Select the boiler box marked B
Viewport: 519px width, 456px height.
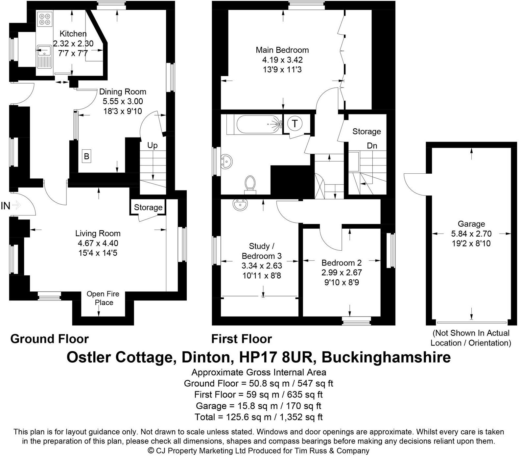coord(86,156)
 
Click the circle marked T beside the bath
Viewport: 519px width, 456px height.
coord(295,124)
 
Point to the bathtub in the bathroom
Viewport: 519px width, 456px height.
coord(258,124)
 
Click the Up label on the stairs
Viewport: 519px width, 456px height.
coord(152,145)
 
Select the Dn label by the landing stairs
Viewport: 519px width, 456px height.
coord(372,145)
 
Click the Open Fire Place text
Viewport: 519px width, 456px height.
coord(103,298)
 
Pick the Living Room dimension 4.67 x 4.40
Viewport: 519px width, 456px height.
coord(97,243)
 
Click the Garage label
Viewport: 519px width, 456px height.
coord(471,224)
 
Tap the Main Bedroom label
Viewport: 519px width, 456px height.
coord(282,50)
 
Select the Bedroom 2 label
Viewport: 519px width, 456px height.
coord(342,263)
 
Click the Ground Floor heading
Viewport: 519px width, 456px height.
coord(49,339)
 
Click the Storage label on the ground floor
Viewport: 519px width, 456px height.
coord(148,207)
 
